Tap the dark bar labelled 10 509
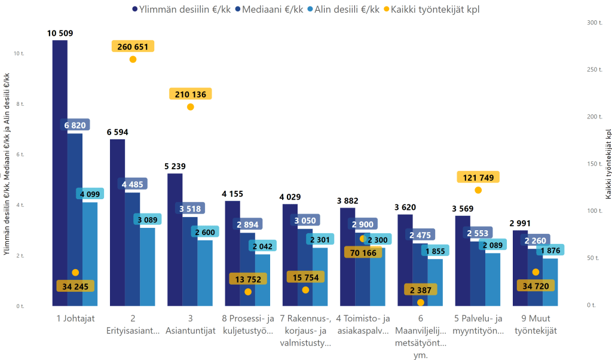point(60,173)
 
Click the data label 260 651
point(133,47)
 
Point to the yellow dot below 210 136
point(190,107)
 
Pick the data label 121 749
point(478,177)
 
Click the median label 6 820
point(75,125)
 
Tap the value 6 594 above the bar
point(117,132)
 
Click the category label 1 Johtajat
point(76,318)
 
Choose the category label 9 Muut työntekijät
point(535,324)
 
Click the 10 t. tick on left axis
point(19,53)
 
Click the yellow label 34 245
point(75,286)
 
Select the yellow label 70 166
point(363,252)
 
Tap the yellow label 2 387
point(420,290)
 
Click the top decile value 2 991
point(520,224)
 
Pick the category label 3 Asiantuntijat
point(190,324)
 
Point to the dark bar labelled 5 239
point(175,239)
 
